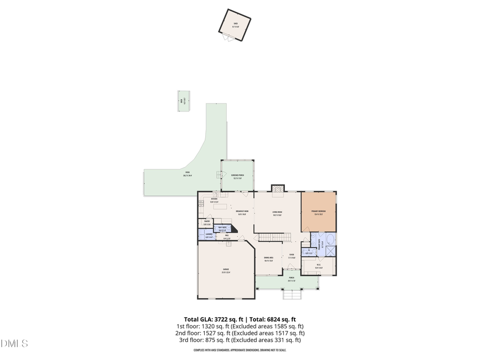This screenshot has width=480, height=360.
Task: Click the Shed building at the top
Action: coord(235,25)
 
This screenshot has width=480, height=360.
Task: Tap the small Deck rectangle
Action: coord(184,101)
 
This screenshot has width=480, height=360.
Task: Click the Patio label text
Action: coord(187,173)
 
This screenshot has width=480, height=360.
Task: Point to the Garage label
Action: coord(226,271)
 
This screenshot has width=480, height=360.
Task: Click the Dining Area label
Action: coord(268,260)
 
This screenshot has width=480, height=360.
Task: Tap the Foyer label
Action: coord(291,255)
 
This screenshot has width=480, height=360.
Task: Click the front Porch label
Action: coord(291,278)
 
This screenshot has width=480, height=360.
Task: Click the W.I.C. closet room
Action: coord(318,265)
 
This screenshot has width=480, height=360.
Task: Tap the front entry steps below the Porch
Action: coord(291,295)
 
